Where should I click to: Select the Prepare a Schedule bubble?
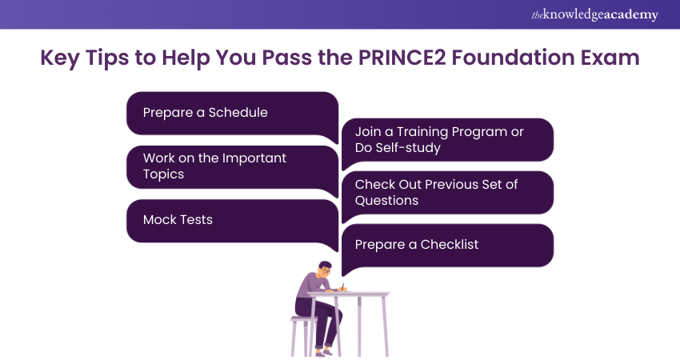tap(232, 113)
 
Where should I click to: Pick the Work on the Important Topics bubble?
tap(232, 166)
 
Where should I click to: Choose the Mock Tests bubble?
tap(232, 220)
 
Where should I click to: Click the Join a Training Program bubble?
tap(448, 140)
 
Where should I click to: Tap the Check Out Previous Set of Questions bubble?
tap(448, 193)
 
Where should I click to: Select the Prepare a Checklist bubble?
tap(448, 245)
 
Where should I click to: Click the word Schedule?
tap(238, 113)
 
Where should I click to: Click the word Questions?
tap(386, 201)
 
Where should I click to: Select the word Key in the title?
tap(58, 61)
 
